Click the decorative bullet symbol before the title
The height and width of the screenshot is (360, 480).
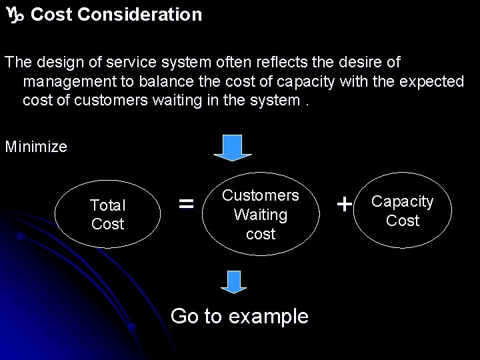coord(14,15)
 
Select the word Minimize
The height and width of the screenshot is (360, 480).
coord(36,147)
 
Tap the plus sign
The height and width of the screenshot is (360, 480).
coord(344,205)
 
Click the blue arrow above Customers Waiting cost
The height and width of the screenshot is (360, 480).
coord(232,148)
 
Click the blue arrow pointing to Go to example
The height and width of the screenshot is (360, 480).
coord(233,281)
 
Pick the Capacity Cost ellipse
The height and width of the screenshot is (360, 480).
coord(402,211)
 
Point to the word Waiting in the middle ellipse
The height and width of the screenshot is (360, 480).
coord(261,215)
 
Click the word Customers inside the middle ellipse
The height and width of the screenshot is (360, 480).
coord(261,195)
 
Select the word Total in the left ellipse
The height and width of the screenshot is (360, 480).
coord(107,205)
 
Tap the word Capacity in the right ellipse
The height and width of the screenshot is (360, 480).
coord(402,201)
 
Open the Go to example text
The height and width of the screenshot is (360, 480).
coord(239,316)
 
